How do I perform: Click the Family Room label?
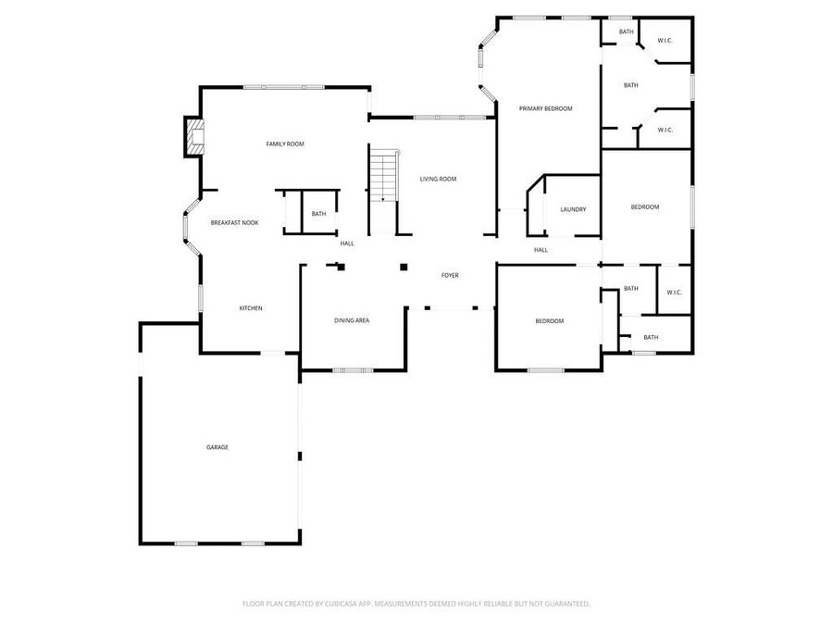pyautogui.click(x=285, y=144)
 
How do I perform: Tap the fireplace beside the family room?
pyautogui.click(x=193, y=137)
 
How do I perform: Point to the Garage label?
pyautogui.click(x=218, y=447)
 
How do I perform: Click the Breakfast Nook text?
pyautogui.click(x=234, y=223)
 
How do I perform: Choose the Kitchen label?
pyautogui.click(x=251, y=308)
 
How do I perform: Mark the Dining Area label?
pyautogui.click(x=352, y=320)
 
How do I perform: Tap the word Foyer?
pyautogui.click(x=450, y=275)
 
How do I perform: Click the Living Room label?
pyautogui.click(x=438, y=179)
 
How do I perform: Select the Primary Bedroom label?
pyautogui.click(x=545, y=108)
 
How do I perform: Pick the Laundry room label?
pyautogui.click(x=573, y=209)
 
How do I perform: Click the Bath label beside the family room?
pyautogui.click(x=318, y=214)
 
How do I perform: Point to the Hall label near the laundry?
pyautogui.click(x=541, y=249)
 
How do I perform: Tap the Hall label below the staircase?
pyautogui.click(x=347, y=244)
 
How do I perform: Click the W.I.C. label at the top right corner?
pyautogui.click(x=665, y=41)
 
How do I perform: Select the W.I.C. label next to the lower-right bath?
pyautogui.click(x=674, y=293)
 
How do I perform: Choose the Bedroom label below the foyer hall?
pyautogui.click(x=549, y=321)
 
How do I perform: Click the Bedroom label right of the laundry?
pyautogui.click(x=645, y=206)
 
